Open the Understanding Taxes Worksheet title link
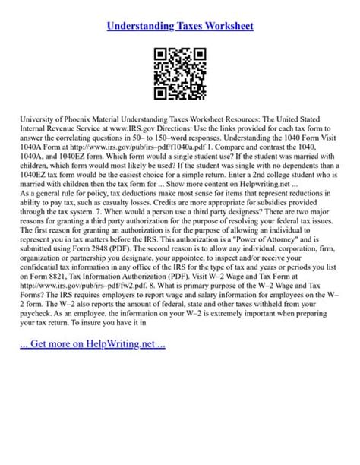pyautogui.click(x=180, y=26)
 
